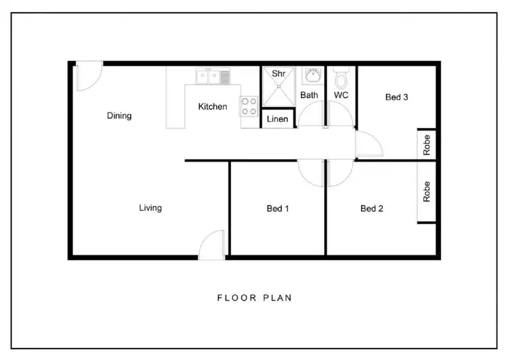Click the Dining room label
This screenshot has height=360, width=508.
(119, 116)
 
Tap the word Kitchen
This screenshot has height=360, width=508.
(212, 107)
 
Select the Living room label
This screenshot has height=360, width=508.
(150, 208)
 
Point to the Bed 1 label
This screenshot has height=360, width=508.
(278, 208)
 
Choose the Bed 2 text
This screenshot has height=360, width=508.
(372, 208)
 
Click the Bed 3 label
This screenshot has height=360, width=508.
(396, 97)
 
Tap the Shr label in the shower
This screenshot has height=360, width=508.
(278, 73)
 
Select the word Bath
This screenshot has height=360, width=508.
(309, 95)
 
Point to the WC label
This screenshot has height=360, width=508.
(341, 95)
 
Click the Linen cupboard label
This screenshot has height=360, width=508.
(278, 119)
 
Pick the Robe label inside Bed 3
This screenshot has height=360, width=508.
(427, 145)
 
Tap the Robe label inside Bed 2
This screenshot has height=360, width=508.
(427, 192)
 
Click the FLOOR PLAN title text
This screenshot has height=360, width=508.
(254, 297)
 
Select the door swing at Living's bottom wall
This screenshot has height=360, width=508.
(211, 244)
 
